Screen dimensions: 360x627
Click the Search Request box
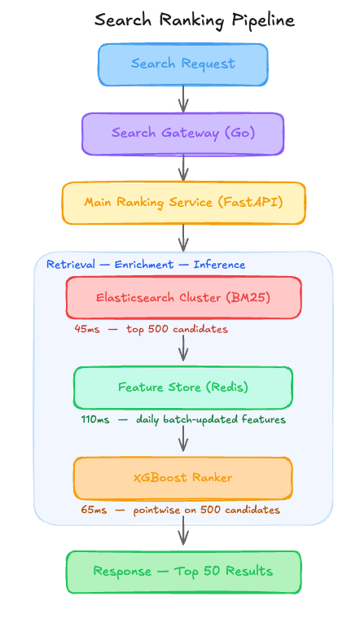point(183,64)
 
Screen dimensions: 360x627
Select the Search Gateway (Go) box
point(183,134)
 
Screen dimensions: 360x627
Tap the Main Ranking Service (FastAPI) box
point(183,203)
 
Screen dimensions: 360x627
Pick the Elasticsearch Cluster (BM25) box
point(183,297)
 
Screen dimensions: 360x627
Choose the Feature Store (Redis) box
point(183,388)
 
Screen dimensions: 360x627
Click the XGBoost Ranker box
point(183,478)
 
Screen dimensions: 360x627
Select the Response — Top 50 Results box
point(183,572)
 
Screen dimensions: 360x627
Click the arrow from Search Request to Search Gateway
point(183,99)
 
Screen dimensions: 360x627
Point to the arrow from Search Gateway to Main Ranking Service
point(183,169)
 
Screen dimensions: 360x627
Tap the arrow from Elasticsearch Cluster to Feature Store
point(183,349)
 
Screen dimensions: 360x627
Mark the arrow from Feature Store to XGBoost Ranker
point(183,438)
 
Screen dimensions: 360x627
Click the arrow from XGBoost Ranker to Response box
point(183,530)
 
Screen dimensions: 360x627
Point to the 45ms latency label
point(87,329)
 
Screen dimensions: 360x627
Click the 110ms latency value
point(95,419)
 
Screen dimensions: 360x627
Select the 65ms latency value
point(94,510)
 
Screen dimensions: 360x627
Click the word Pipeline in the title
point(263,20)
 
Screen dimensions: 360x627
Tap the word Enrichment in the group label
point(144,265)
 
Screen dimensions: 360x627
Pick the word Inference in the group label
point(219,265)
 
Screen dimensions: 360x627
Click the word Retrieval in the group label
point(71,265)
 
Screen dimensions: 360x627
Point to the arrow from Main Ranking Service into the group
point(183,238)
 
